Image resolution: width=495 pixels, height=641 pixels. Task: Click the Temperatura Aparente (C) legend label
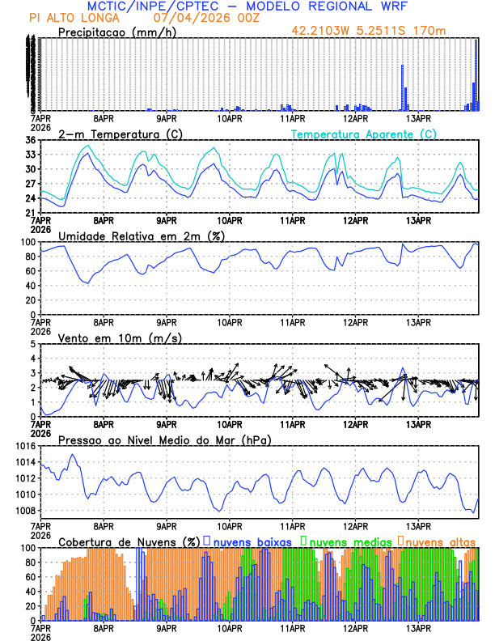[x=364, y=134]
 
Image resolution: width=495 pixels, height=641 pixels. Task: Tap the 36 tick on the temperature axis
[x=31, y=140]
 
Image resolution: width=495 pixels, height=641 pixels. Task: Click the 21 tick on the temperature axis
[x=31, y=213]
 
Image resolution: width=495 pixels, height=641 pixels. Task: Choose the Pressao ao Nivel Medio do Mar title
[x=164, y=439]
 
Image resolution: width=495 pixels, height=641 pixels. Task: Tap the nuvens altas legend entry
[x=439, y=541]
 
